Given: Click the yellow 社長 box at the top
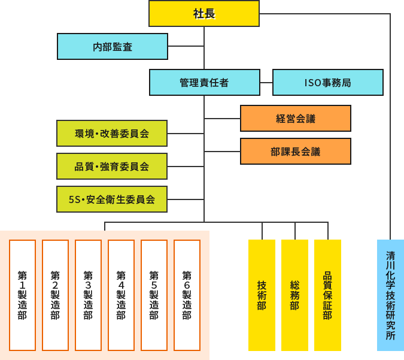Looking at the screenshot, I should (204, 13).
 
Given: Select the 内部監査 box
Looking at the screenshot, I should (113, 46).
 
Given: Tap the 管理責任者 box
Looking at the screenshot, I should (205, 82).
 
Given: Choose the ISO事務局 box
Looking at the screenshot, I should (328, 82).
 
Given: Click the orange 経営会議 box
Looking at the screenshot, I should (296, 118).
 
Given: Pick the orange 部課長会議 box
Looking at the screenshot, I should (296, 151).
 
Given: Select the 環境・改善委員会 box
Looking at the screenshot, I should (112, 133).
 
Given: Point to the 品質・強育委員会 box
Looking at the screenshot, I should (112, 166).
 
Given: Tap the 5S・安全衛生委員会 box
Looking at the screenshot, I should (112, 199).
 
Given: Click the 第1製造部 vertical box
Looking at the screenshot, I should (23, 295).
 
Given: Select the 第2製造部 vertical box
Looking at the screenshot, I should (56, 295).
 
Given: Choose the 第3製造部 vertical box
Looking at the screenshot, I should (89, 295).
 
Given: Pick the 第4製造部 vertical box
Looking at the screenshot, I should (121, 295).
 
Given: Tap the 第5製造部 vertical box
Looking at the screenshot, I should (154, 295).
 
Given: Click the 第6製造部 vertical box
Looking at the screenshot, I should (187, 295).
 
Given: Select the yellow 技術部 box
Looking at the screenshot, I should (262, 295).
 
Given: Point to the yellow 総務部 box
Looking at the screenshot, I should (295, 295).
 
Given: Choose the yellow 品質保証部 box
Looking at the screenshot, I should (328, 295).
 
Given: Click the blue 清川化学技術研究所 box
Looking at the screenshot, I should (391, 295).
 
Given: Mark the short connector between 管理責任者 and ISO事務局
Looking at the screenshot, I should (266, 83).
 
